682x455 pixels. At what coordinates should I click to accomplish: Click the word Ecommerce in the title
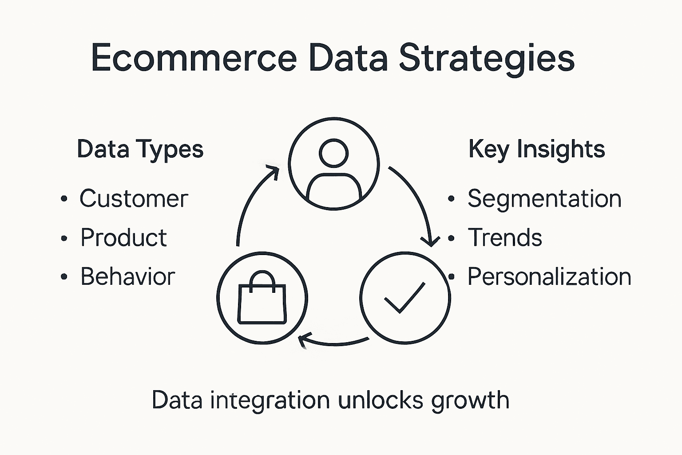pos(194,58)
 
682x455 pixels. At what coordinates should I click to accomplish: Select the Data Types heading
pos(140,149)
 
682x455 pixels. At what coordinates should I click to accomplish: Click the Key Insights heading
pos(536,149)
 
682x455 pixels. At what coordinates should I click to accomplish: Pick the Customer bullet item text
pos(134,199)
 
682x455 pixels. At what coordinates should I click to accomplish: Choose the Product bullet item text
pos(123,238)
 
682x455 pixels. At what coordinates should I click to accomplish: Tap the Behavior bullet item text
pos(127,277)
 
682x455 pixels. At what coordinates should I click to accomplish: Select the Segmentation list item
pos(544,199)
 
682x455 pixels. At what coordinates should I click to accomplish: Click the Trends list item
pos(505,238)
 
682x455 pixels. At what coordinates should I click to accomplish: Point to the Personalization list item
pos(549,277)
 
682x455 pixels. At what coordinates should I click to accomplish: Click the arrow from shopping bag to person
pos(251,200)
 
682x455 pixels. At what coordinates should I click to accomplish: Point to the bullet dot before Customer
pos(64,199)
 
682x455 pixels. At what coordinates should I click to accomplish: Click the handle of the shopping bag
pos(262,279)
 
